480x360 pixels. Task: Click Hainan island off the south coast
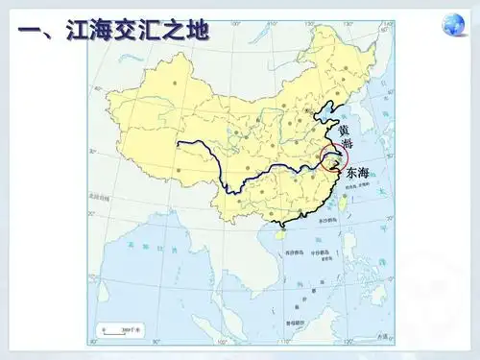point(280,230)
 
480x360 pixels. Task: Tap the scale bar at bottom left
point(120,329)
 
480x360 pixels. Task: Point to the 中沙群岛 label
point(322,253)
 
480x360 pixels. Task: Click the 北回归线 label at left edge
point(101,199)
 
